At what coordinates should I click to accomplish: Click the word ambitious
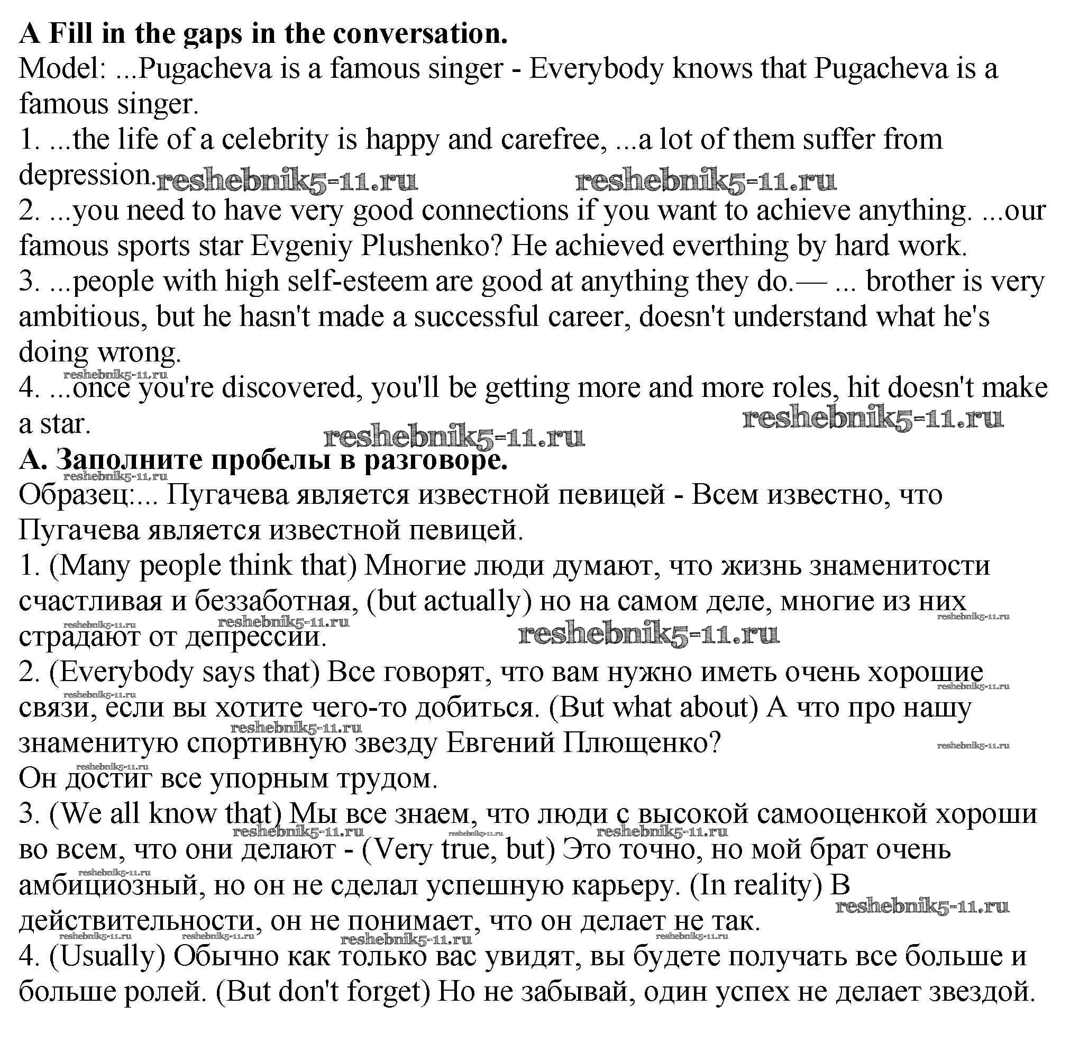(x=83, y=318)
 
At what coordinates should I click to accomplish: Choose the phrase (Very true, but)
(x=458, y=849)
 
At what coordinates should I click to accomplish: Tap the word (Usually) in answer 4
(x=107, y=956)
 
